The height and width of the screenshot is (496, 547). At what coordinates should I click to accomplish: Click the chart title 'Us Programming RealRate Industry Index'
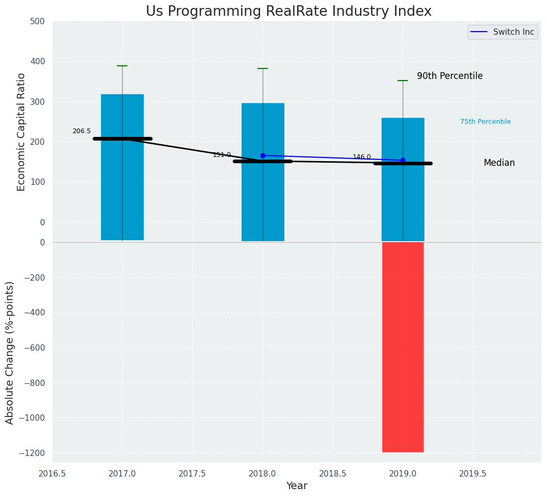(289, 12)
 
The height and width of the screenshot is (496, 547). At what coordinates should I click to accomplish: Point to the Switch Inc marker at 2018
(263, 155)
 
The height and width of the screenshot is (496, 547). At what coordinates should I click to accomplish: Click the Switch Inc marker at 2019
(403, 160)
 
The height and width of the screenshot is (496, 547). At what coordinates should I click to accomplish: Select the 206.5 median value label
(82, 131)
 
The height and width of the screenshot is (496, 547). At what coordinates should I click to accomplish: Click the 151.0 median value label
(222, 155)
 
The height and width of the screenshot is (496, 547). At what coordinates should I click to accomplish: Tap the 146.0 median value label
(362, 157)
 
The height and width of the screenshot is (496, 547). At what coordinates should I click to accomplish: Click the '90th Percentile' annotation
(450, 76)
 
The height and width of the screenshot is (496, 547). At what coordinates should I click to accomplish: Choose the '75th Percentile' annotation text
(485, 122)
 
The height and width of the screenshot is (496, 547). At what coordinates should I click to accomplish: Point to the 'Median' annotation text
(499, 163)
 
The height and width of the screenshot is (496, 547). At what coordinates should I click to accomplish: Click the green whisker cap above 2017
(122, 66)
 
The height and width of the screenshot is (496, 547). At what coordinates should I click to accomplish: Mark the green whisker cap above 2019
(403, 81)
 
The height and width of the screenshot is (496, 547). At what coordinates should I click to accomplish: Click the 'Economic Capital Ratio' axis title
(22, 132)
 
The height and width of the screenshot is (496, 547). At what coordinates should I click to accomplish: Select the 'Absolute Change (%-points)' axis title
(10, 352)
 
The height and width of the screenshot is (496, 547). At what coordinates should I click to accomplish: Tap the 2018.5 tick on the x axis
(333, 473)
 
